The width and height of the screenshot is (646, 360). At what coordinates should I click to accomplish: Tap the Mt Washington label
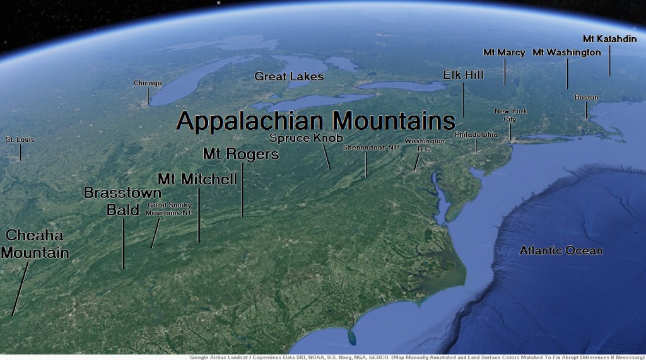[x=567, y=52]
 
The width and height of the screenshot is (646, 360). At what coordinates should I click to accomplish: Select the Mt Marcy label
[x=504, y=52]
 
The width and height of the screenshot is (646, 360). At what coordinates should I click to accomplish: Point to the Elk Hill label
[x=463, y=74]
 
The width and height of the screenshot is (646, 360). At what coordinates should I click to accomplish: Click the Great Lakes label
[x=289, y=76]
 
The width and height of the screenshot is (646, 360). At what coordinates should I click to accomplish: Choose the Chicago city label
[x=148, y=83]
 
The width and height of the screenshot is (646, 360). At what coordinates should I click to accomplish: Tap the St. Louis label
[x=20, y=139]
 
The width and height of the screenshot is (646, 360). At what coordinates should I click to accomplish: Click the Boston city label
[x=586, y=98]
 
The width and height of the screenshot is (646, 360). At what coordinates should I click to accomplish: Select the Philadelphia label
[x=476, y=135]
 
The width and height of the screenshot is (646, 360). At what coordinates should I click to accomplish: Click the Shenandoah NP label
[x=371, y=148]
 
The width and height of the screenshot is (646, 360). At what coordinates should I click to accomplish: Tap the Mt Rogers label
[x=240, y=154]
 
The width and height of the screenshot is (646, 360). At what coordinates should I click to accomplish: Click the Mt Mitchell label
[x=197, y=179]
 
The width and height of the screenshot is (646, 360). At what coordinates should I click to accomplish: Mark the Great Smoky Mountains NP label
[x=168, y=209]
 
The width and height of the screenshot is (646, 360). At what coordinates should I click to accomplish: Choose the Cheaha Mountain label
[x=34, y=244]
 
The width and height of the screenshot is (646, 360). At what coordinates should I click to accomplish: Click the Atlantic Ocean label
[x=561, y=251]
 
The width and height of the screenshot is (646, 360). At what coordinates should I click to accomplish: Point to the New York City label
[x=510, y=115]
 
